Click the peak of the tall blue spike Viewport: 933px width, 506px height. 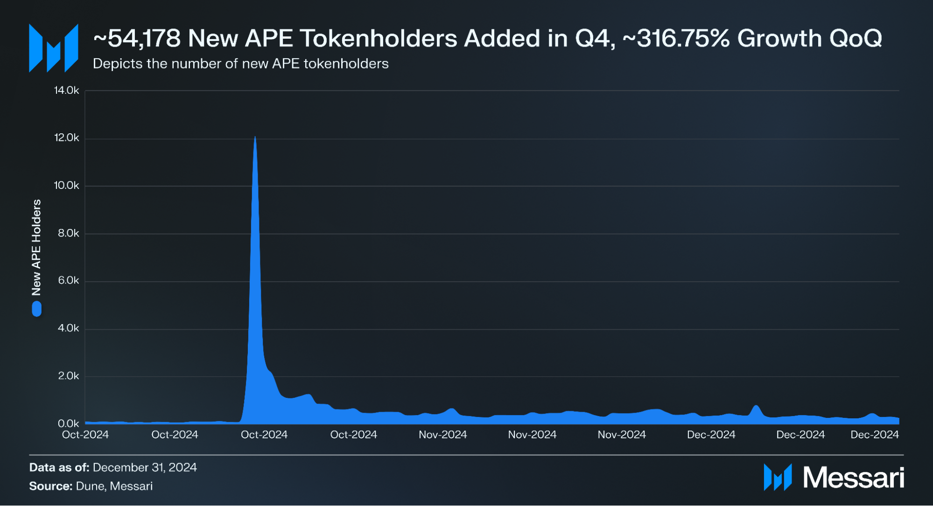pos(255,138)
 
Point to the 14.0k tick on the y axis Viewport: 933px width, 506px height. pos(66,90)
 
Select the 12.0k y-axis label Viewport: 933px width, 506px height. pos(66,138)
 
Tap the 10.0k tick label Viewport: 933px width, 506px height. pos(66,186)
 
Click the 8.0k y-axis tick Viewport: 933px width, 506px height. pos(68,233)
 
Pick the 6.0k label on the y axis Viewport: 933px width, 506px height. pos(68,281)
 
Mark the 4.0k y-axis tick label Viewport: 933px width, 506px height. pos(68,328)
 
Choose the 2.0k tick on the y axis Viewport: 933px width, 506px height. pos(68,376)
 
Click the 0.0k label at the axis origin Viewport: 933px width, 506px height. pos(68,423)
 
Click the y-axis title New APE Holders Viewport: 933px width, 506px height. pos(36,248)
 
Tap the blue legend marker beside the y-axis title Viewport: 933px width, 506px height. pos(36,309)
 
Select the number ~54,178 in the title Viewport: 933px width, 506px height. pos(137,38)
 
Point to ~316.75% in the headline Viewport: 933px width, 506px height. pos(676,38)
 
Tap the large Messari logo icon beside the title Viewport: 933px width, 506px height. pos(53,49)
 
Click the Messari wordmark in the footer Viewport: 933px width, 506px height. pos(853,478)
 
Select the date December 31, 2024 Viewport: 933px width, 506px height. pos(145,467)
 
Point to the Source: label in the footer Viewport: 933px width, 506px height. pos(50,486)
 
